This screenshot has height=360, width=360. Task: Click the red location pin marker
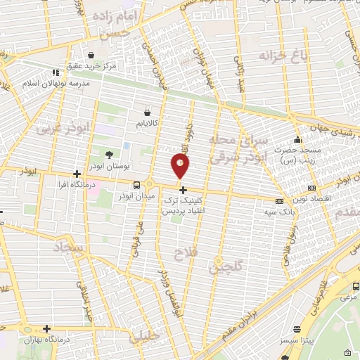(x=181, y=166)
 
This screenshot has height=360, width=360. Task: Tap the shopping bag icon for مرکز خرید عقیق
(x=91, y=55)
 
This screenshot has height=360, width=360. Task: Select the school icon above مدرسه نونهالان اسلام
(x=55, y=72)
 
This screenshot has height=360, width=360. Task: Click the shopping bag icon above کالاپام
(x=147, y=112)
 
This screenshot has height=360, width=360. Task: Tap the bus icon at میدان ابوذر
(x=135, y=185)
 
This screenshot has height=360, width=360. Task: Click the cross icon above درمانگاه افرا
(x=77, y=174)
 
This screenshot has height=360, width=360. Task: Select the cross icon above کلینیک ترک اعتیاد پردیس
(x=184, y=190)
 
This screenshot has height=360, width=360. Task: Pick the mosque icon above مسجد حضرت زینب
(x=299, y=139)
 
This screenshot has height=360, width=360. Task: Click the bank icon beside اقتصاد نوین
(x=311, y=188)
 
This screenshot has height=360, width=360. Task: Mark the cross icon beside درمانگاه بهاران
(x=46, y=328)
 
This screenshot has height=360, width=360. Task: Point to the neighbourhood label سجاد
(x=68, y=247)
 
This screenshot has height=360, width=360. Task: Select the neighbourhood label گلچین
(x=227, y=266)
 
